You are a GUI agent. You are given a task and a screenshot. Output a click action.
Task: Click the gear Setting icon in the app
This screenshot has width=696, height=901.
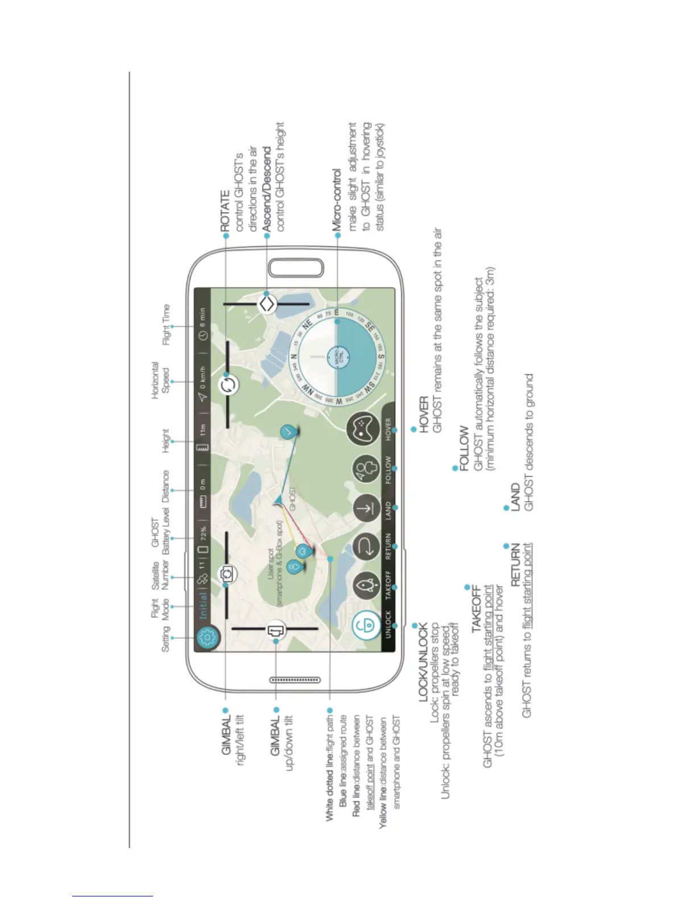208,638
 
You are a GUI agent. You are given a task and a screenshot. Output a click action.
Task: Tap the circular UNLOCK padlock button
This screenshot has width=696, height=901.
366,626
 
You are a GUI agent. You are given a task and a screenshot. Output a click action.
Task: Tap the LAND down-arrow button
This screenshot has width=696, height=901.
367,508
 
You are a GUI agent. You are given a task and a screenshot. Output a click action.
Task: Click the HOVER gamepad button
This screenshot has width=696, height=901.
363,430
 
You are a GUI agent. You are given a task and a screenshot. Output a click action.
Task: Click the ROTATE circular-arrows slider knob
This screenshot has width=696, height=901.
229,385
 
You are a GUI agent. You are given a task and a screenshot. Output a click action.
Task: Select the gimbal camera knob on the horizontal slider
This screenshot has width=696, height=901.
227,573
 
